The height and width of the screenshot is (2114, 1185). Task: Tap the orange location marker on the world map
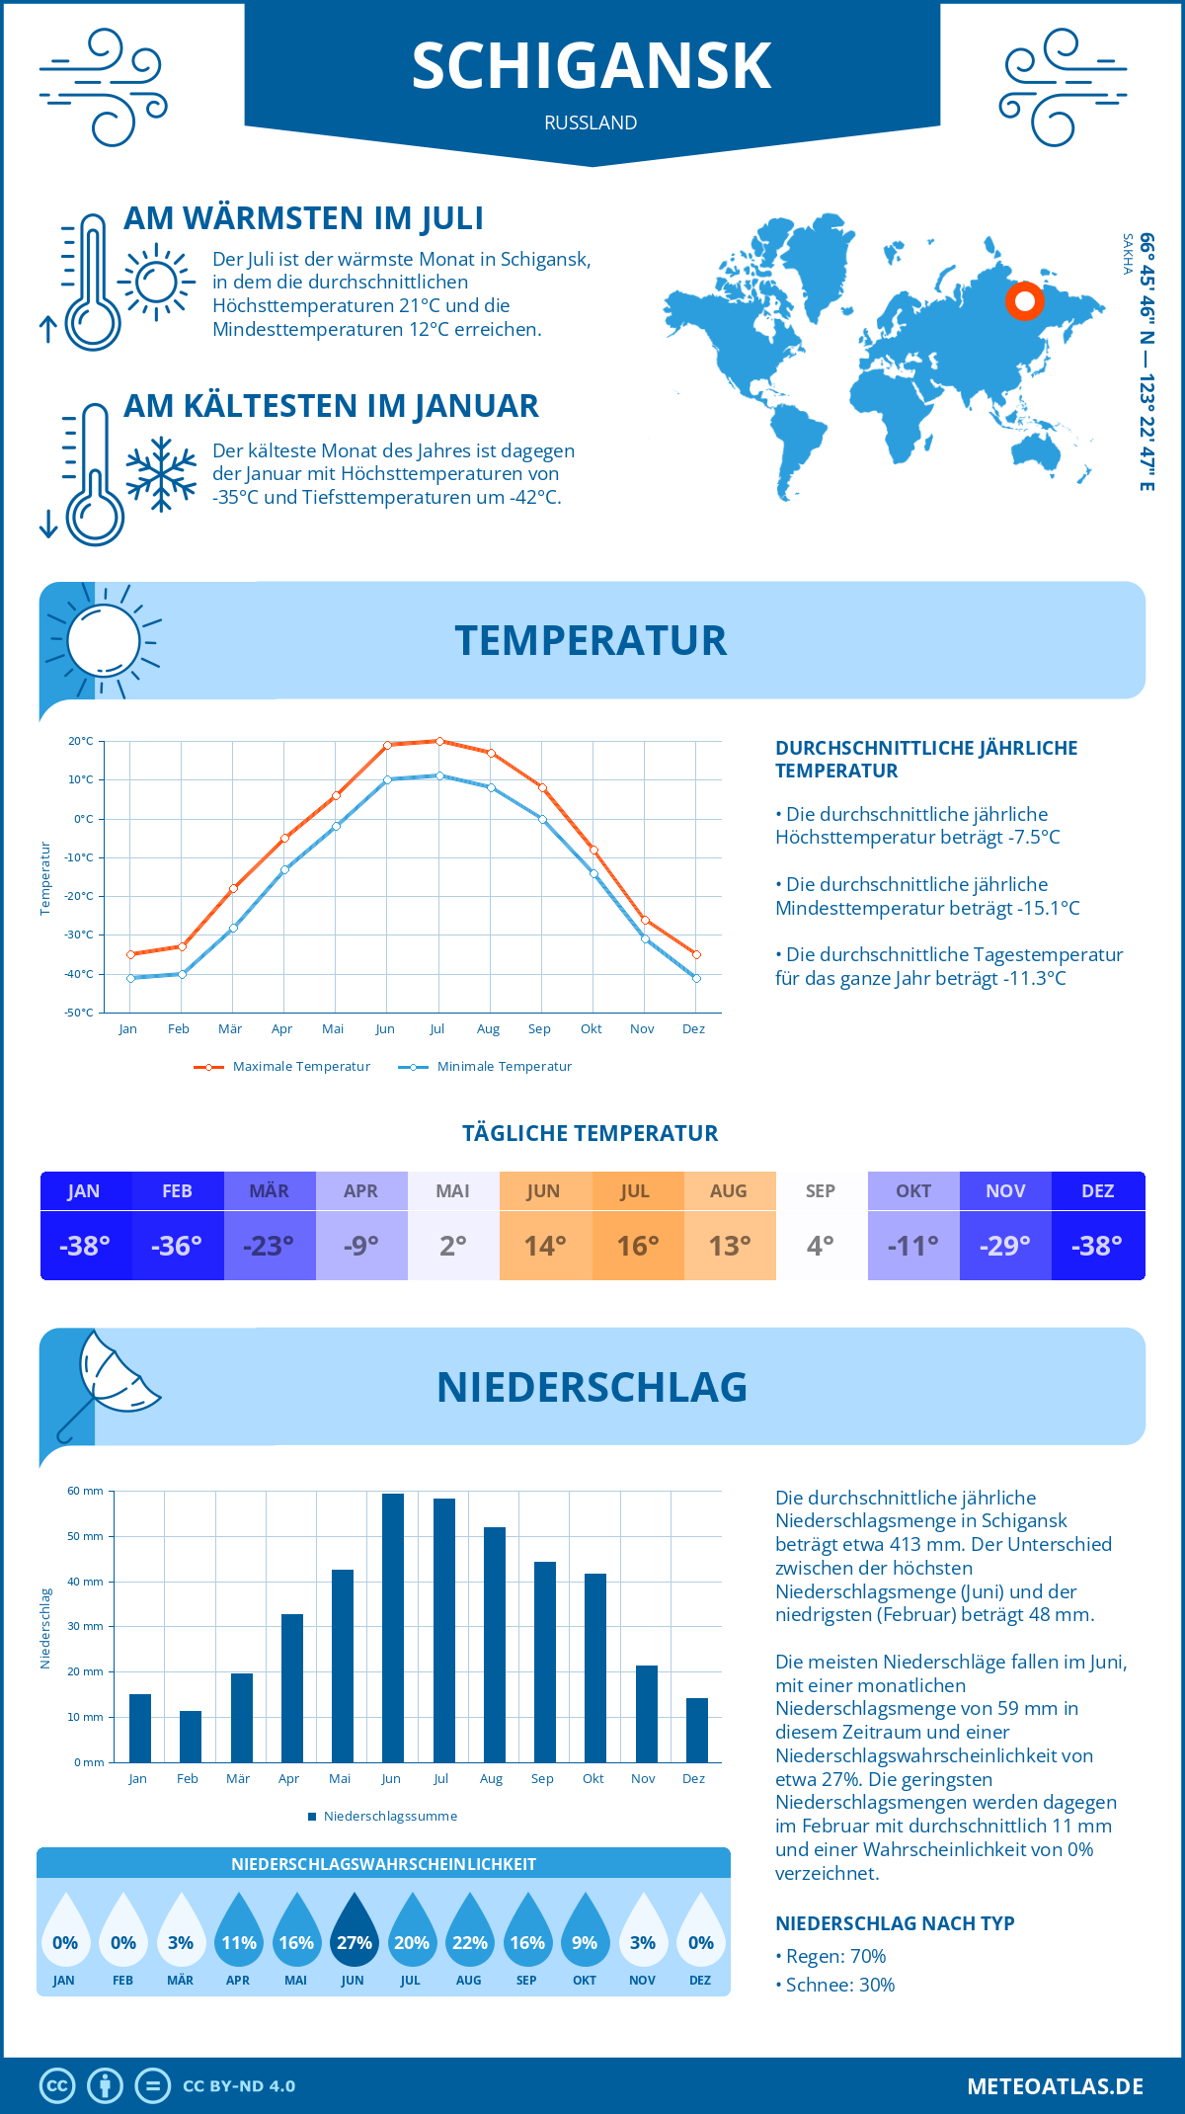(1024, 300)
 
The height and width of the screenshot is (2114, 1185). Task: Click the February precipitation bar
(191, 1736)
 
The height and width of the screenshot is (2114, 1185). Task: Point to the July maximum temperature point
(439, 741)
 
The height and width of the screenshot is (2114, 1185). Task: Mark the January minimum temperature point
(130, 978)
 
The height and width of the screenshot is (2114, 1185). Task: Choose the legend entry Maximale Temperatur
(282, 1067)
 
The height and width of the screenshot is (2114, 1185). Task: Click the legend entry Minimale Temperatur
(486, 1067)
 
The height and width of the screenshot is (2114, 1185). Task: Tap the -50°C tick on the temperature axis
(80, 1013)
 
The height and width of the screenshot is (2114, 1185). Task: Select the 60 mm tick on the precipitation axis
(85, 1491)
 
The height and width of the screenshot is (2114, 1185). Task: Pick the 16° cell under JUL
(637, 1246)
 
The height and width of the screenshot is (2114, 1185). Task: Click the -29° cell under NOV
(1004, 1246)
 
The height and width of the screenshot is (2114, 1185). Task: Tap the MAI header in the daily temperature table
(453, 1191)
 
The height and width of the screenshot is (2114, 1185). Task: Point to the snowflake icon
(161, 474)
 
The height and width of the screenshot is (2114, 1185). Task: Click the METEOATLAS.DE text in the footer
(1055, 2086)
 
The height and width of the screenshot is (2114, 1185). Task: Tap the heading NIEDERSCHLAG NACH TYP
(895, 1923)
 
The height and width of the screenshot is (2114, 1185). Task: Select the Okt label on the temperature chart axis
(591, 1029)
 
